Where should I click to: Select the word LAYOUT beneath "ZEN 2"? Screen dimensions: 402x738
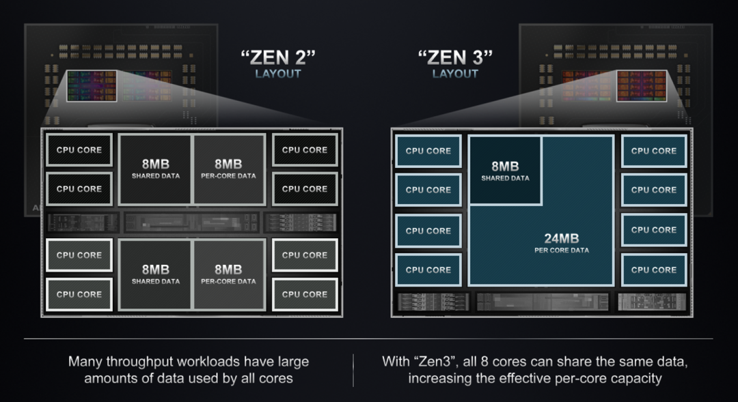click(277, 74)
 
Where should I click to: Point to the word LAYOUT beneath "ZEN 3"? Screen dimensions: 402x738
click(455, 74)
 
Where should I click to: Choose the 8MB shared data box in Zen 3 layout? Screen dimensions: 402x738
click(505, 170)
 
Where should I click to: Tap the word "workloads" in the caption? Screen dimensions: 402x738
click(216, 361)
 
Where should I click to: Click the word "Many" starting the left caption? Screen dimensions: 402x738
click(86, 361)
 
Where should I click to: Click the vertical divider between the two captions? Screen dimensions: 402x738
click(353, 369)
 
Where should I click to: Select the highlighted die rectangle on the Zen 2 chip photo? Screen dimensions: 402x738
click(92, 85)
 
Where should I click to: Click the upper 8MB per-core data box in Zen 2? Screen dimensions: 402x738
click(228, 169)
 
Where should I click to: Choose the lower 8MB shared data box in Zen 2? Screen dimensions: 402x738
click(156, 274)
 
